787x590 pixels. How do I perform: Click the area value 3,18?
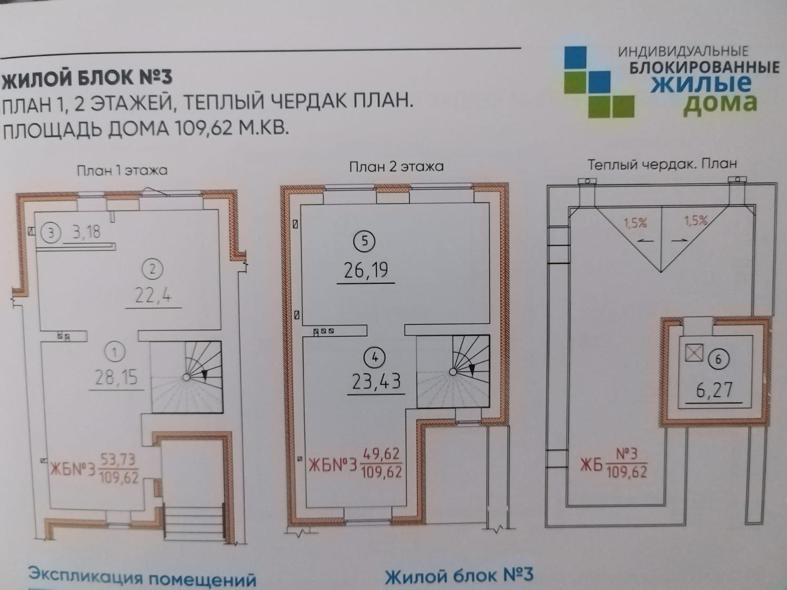[x=87, y=231]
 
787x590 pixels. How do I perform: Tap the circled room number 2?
[x=152, y=269]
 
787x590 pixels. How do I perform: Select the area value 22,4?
[x=153, y=296]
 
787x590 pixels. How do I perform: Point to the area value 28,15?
[x=116, y=378]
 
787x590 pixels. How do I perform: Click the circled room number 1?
[x=115, y=352]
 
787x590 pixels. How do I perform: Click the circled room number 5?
[x=364, y=241]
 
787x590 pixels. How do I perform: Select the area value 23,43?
[x=377, y=381]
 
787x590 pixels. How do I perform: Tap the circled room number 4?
[x=375, y=357]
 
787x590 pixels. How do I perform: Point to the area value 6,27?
[x=714, y=391]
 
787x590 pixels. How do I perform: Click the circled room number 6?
[x=718, y=359]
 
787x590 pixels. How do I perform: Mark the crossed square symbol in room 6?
[x=694, y=353]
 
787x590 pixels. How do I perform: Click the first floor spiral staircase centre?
[x=186, y=377]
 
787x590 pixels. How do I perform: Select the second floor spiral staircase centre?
[x=453, y=372]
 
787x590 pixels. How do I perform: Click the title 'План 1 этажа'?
[x=122, y=170]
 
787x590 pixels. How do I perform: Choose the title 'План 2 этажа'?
[x=396, y=167]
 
